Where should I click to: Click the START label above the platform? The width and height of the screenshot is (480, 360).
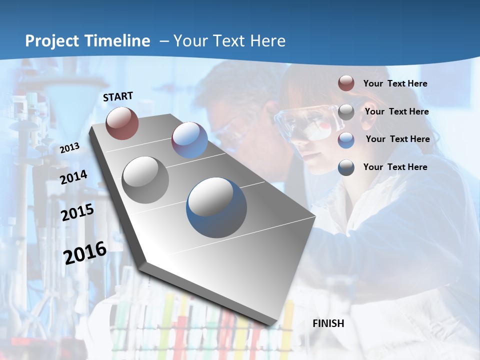click(x=118, y=96)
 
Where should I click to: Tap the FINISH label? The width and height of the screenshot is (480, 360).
click(x=328, y=323)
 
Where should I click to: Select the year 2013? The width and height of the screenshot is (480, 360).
click(x=69, y=147)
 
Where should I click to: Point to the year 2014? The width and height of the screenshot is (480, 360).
click(x=73, y=177)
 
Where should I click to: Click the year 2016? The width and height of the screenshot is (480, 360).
click(x=85, y=252)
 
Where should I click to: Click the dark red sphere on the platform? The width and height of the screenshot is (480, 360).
click(x=122, y=123)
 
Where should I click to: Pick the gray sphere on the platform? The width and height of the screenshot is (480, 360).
click(x=145, y=180)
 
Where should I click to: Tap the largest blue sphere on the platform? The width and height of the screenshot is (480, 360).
click(x=216, y=207)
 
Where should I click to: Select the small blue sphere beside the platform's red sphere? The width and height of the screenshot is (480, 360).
click(x=189, y=140)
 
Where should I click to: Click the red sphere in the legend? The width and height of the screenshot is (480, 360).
click(x=346, y=83)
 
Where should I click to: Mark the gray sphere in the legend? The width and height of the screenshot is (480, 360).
click(x=346, y=111)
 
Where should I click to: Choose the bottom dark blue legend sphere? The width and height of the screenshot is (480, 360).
click(x=346, y=167)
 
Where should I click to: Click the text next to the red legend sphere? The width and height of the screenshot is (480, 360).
click(x=395, y=83)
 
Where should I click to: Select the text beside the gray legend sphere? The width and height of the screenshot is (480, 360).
click(x=396, y=111)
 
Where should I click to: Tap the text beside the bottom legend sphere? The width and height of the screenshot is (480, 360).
click(x=395, y=167)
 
